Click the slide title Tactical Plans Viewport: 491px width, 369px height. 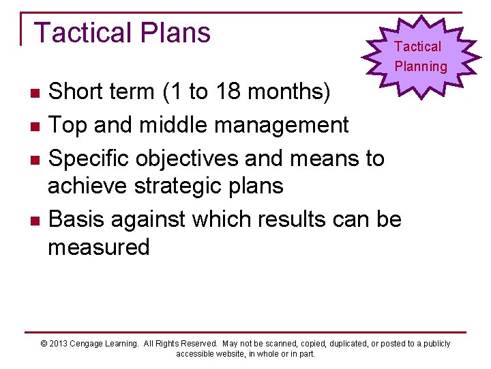[x=122, y=33]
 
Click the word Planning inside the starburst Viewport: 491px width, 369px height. [x=421, y=66]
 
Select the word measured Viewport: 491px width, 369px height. [x=98, y=247]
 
